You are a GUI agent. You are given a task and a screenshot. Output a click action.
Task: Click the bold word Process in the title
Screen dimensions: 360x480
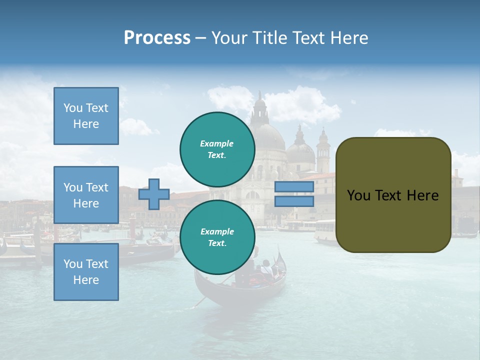[x=157, y=38]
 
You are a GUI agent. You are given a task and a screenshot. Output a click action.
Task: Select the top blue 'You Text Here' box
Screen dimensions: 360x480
[x=86, y=116]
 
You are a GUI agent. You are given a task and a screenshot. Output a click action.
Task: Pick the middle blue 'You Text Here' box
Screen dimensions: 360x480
[x=86, y=195]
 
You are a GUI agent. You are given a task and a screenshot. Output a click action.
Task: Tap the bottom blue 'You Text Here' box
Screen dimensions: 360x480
[x=86, y=272]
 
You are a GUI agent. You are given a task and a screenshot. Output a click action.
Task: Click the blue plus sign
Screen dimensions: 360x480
[x=154, y=194]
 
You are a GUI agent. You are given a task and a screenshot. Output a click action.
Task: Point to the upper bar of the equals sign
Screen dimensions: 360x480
[x=294, y=186]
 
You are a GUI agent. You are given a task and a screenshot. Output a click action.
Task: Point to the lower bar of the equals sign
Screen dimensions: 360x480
[x=294, y=201]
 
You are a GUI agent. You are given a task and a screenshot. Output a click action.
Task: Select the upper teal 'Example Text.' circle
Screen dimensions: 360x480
[x=217, y=149]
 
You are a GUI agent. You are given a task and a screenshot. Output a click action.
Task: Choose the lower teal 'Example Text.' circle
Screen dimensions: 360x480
[x=217, y=237]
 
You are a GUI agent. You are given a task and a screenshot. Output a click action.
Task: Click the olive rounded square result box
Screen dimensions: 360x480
[x=393, y=195]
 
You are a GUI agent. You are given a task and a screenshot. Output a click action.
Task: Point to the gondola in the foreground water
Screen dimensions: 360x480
[x=240, y=285]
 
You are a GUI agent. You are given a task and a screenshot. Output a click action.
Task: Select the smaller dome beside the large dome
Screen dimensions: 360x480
[x=300, y=150]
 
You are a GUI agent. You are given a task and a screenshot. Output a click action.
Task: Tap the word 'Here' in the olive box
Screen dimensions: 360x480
[x=422, y=195]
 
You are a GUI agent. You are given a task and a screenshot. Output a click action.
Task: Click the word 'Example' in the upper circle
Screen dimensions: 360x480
[x=217, y=143]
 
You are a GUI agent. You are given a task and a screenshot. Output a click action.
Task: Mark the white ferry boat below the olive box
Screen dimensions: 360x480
[x=325, y=232]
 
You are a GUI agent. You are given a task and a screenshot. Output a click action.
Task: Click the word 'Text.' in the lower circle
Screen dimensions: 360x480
[x=217, y=243]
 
